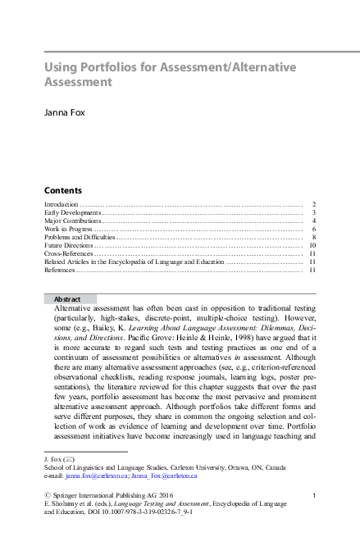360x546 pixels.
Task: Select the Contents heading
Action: (x=62, y=189)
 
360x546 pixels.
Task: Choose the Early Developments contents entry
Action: (x=73, y=212)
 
